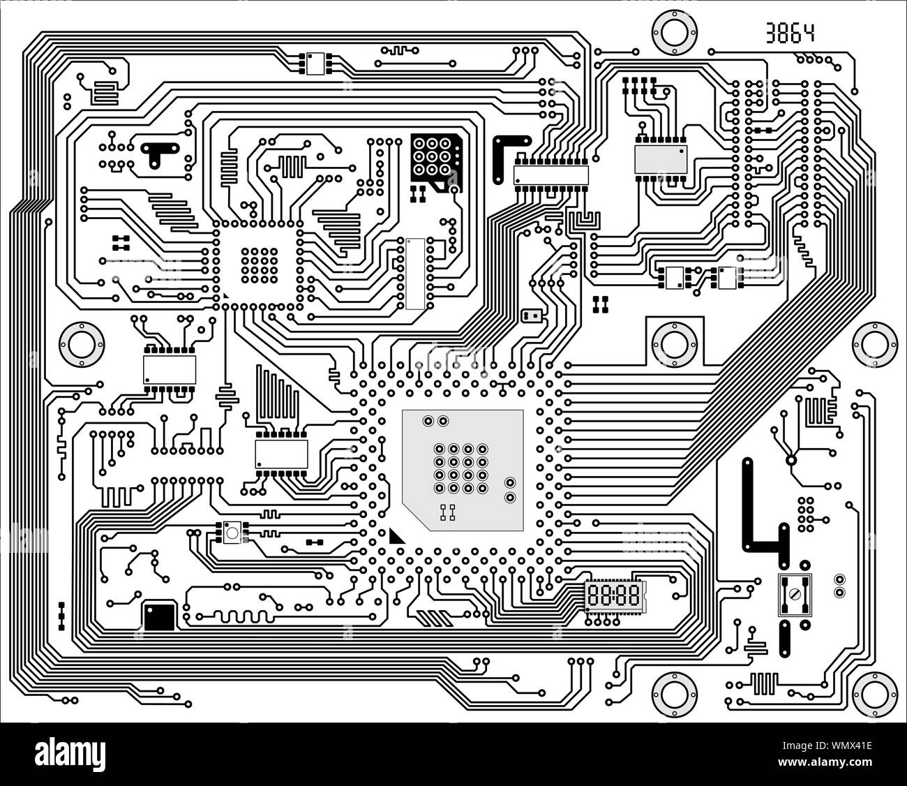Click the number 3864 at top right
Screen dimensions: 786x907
(789, 33)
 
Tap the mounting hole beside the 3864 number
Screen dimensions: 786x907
(674, 33)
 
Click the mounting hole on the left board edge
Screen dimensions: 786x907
(82, 343)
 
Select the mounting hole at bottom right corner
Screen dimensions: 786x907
(874, 694)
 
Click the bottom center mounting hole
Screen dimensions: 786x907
(674, 694)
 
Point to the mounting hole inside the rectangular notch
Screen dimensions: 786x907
(674, 343)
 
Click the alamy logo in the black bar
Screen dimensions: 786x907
(70, 754)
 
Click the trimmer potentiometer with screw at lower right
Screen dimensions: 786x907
(795, 594)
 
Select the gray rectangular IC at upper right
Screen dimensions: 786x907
(660, 160)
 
